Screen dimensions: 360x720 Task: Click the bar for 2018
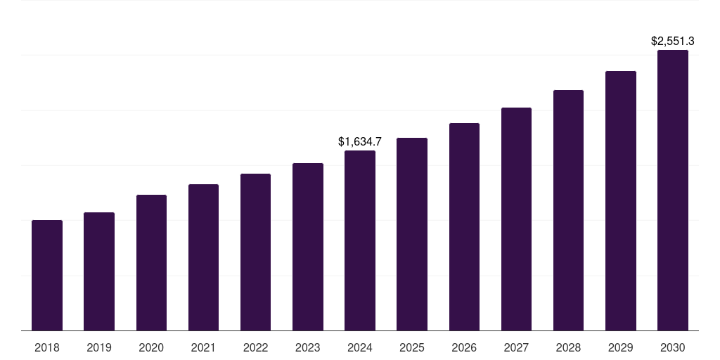tap(47, 276)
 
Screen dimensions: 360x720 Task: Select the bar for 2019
tap(99, 271)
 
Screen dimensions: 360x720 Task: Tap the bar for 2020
tap(151, 263)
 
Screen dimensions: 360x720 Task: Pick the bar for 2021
tap(203, 257)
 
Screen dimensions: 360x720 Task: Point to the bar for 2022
tap(255, 252)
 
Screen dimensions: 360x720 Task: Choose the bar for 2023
tap(308, 247)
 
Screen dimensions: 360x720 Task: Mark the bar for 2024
tap(360, 240)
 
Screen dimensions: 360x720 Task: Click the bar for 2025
tap(412, 234)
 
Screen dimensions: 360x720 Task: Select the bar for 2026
tap(464, 227)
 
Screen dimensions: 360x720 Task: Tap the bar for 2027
tap(516, 219)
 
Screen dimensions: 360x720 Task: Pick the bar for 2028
tap(568, 210)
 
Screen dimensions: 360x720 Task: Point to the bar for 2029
tap(621, 201)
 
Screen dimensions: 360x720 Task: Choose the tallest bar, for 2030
tap(673, 191)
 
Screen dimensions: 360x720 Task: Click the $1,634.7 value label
tap(360, 142)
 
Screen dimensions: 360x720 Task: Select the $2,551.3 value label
tap(673, 41)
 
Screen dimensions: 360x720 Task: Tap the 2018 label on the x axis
tap(47, 347)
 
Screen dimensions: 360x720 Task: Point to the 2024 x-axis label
tap(360, 347)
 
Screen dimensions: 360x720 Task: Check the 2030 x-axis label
tap(673, 347)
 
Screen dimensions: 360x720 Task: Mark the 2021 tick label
tap(203, 347)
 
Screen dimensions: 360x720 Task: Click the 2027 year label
tap(516, 347)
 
